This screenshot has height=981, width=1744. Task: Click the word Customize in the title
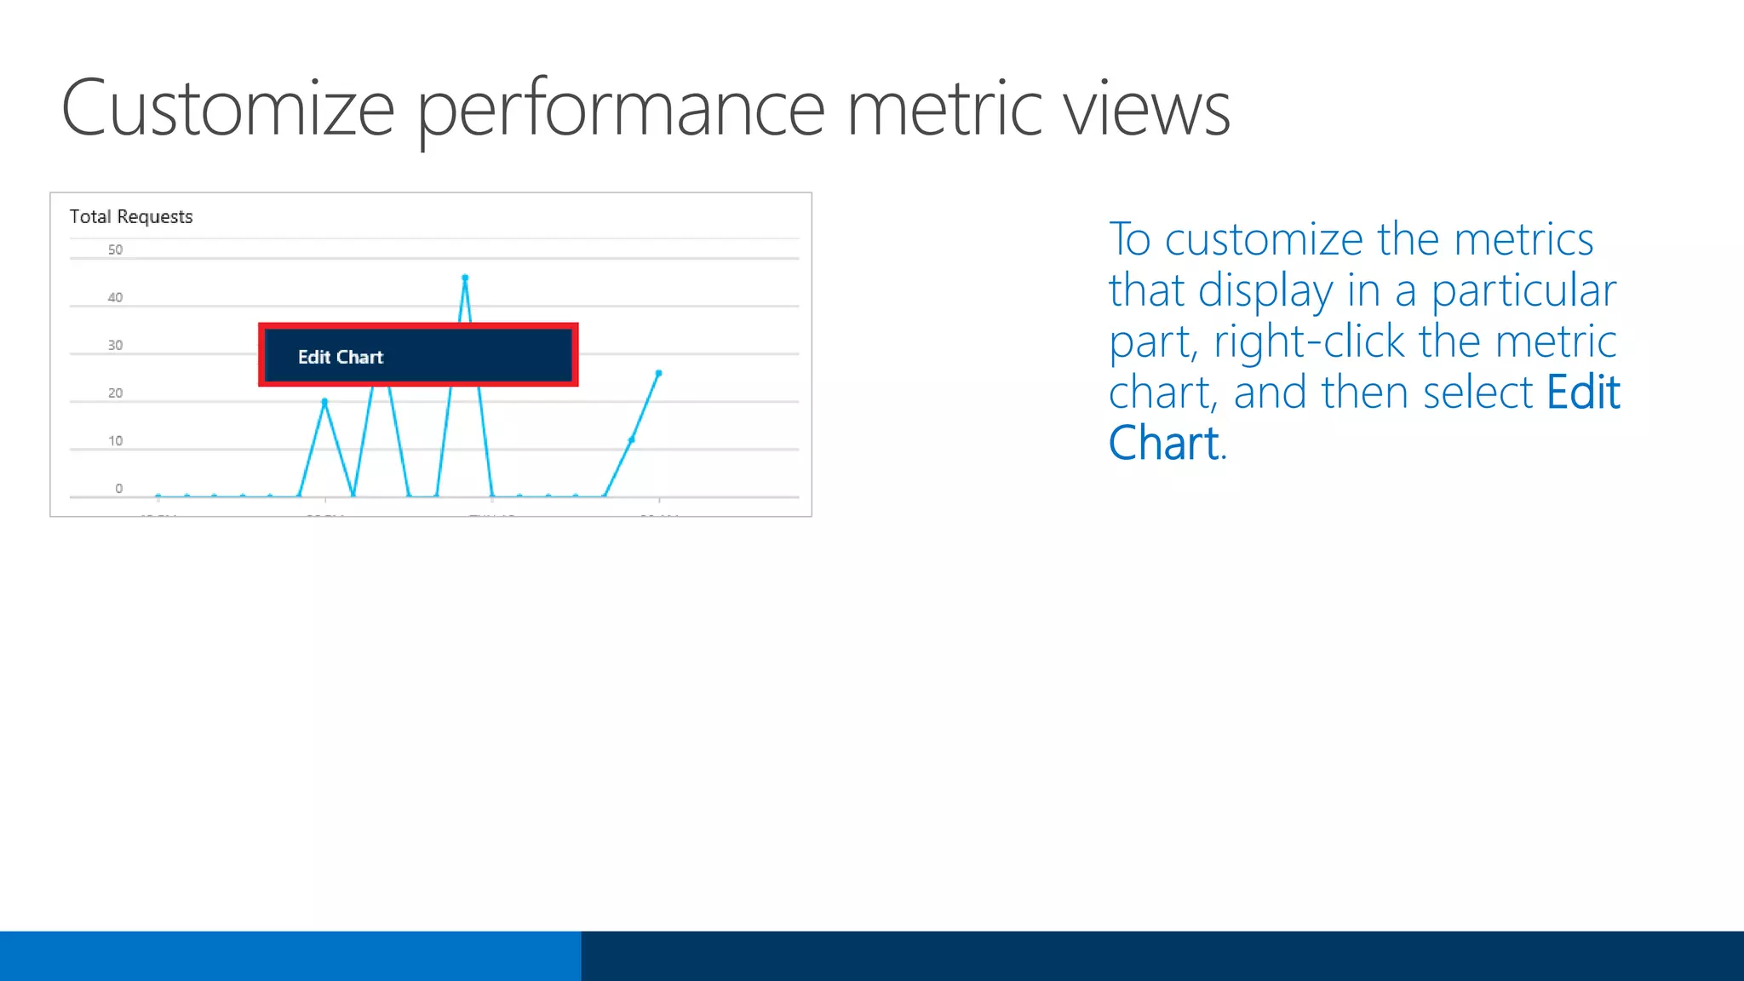point(227,109)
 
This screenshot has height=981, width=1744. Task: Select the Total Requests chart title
point(131,216)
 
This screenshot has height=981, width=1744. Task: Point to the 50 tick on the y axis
point(115,250)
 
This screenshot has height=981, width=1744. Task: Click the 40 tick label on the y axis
point(115,297)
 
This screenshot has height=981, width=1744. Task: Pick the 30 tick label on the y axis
point(115,345)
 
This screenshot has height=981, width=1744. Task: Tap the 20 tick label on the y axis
point(115,393)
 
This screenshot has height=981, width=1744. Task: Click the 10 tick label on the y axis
point(115,440)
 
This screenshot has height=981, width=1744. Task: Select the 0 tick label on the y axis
point(118,488)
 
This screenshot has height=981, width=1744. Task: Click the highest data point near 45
point(465,278)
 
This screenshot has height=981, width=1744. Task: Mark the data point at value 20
point(324,401)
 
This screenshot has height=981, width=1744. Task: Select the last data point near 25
point(658,373)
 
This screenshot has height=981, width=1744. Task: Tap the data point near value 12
point(631,439)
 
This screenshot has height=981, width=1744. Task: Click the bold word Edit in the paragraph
point(1582,392)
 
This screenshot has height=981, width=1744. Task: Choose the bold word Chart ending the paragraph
point(1164,443)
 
